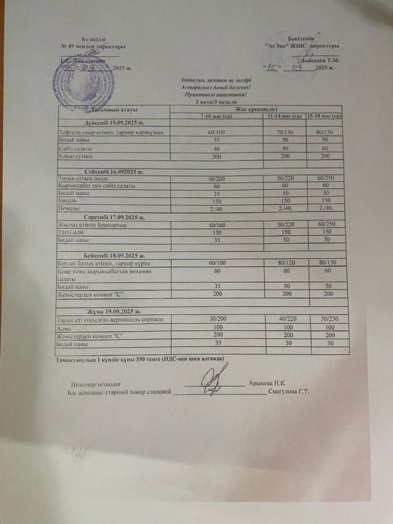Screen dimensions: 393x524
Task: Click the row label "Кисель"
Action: (67, 201)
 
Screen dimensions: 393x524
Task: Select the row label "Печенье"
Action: (70, 209)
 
